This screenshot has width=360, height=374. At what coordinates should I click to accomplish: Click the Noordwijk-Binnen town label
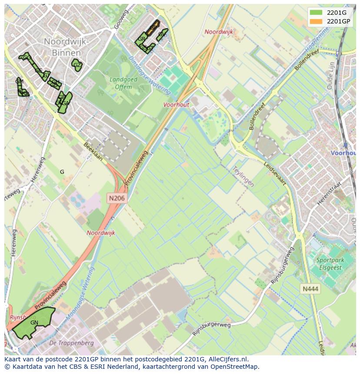pos(67,46)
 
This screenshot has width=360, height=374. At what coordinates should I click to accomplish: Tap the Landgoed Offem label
pos(123,83)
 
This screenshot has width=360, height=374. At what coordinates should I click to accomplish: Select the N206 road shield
pos(117,198)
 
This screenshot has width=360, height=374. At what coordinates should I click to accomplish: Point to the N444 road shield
pos(310,288)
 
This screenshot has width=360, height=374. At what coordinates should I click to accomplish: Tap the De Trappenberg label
pos(66,343)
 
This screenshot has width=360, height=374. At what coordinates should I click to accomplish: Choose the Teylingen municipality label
pos(242,176)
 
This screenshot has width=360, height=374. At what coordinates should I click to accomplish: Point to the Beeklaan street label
pos(93,151)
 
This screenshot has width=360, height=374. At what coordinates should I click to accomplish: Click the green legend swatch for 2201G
pos(316,13)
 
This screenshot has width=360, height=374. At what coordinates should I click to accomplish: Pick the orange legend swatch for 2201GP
pos(316,21)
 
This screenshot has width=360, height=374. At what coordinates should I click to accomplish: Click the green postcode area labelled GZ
pos(77,65)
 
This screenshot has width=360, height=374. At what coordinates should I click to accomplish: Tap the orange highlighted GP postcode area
pos(153,27)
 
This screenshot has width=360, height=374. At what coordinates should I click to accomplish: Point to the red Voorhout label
pos(177,105)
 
